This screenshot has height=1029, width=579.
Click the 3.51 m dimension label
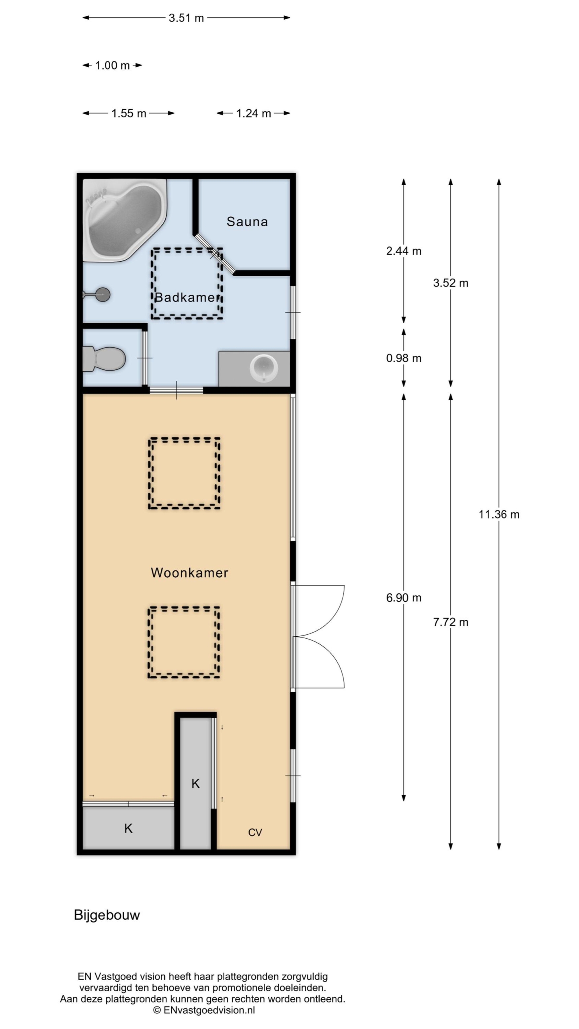pos(186,18)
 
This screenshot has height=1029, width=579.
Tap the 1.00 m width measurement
pos(112,66)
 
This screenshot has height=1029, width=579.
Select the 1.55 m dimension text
pos(129,113)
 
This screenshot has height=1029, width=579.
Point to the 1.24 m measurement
pos(253,113)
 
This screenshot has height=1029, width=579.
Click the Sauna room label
pos(247,221)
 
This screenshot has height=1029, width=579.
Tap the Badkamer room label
pos(187,297)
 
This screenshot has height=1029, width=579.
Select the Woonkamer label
pos(189,573)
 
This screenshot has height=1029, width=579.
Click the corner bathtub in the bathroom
pos(125,220)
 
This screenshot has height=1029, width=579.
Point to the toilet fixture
pos(104,359)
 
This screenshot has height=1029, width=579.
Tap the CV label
pos(255,832)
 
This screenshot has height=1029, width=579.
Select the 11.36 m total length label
pos(499,514)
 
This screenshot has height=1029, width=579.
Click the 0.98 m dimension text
pos(404,358)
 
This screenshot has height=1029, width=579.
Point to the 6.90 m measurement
pos(404,598)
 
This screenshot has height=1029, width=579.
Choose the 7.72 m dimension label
pos(451,622)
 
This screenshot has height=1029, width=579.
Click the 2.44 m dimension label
pos(404,251)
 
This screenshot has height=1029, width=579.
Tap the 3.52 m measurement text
pos(451,283)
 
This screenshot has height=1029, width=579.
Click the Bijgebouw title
pos(107,915)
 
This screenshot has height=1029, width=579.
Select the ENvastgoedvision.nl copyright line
pos(204,1010)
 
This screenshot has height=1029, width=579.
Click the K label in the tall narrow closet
pos(195,783)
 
